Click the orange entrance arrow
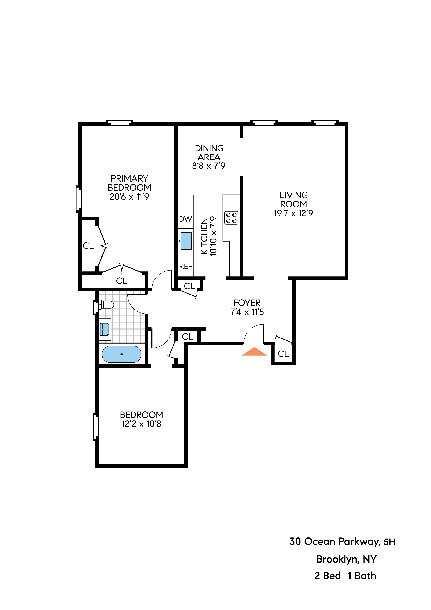[x=254, y=352]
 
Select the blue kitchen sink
[x=186, y=241]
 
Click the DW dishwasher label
[x=185, y=219]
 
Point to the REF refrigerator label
[x=185, y=266]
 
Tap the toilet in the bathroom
[x=106, y=305]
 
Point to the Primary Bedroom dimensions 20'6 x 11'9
[x=129, y=197]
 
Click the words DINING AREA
[x=209, y=152]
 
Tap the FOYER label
[x=247, y=303]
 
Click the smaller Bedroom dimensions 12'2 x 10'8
[x=141, y=424]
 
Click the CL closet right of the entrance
[x=283, y=354]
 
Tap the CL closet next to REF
[x=189, y=286]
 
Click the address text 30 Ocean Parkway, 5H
[x=342, y=541]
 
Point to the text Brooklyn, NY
[x=346, y=559]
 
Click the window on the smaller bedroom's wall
[x=96, y=426]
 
